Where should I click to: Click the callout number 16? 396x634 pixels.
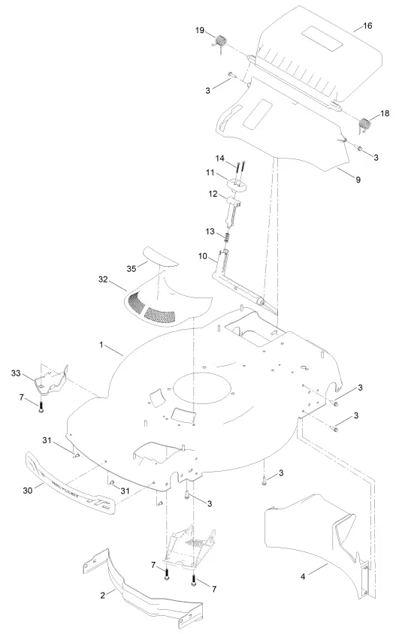tap(367, 26)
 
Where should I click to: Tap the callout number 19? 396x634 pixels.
tap(201, 30)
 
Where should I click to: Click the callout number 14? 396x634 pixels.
tap(220, 159)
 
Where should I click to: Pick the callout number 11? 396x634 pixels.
tap(212, 173)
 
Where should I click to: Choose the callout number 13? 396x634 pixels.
tap(211, 231)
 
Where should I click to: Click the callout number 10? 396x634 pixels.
tap(203, 257)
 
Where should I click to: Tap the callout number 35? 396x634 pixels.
tap(131, 267)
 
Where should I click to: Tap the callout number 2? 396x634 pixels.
tap(113, 593)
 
